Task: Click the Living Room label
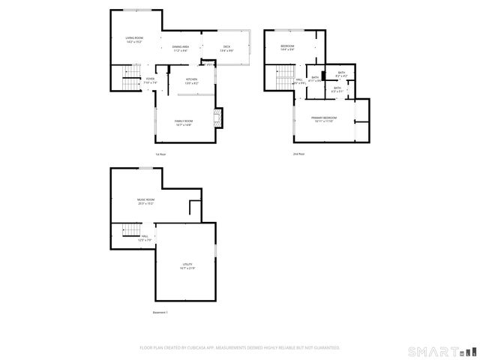[134, 39]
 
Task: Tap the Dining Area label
[180, 48]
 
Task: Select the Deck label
[226, 48]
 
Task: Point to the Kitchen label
[191, 81]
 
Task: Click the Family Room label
[184, 122]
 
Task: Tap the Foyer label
[150, 79]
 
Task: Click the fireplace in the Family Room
[218, 115]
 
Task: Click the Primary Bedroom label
[324, 119]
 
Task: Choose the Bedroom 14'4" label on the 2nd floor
[287, 48]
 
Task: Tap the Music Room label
[145, 201]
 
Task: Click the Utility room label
[187, 266]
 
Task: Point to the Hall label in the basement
[145, 238]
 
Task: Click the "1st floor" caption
[160, 154]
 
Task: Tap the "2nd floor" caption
[298, 154]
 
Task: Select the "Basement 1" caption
[160, 312]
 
